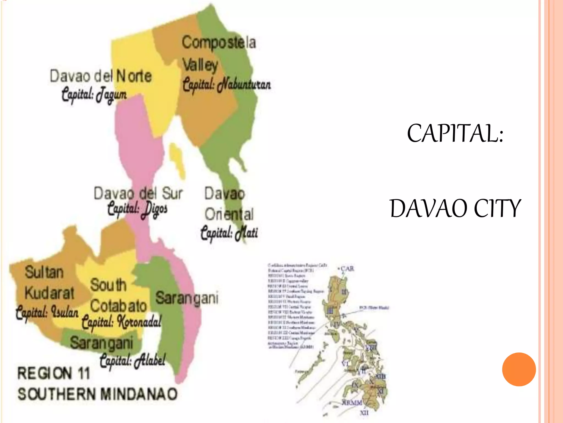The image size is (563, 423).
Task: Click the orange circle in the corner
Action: pos(519,369)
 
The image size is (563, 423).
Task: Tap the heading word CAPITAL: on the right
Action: pos(455,134)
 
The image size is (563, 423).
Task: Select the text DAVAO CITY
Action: pos(455,208)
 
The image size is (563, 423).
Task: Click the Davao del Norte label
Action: pos(101,76)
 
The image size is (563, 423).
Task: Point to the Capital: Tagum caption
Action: pos(94,94)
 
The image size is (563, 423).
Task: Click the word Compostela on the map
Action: pos(219,43)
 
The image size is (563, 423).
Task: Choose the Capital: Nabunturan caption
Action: pos(227,84)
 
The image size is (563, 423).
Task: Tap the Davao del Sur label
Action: pos(138,193)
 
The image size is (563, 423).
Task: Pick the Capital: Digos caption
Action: pos(137,209)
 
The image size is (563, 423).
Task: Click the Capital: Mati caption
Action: pos(229,233)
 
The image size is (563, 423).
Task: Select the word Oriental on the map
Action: pos(229,214)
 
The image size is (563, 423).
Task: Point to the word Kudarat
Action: pos(49,293)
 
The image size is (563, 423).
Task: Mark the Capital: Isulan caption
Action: pos(47,313)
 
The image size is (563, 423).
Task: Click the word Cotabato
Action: pos(118,306)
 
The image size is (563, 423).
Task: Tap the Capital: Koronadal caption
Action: pos(122,321)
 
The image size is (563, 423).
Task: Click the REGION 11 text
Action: pos(54,373)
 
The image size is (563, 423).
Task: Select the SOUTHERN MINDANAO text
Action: pos(97,394)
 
